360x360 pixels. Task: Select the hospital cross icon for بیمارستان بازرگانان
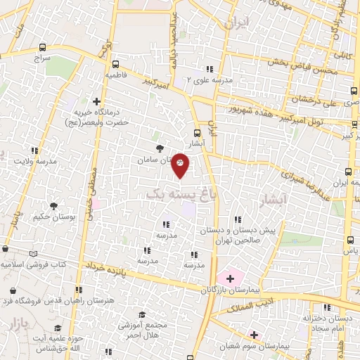[230, 278]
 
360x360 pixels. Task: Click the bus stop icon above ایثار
[197, 133]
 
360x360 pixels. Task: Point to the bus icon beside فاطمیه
[115, 63]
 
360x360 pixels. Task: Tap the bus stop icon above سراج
[38, 49]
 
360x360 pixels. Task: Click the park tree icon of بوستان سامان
[160, 148]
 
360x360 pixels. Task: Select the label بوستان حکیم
[53, 217]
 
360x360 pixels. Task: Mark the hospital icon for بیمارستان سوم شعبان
[254, 335]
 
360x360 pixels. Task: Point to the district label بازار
[21, 326]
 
